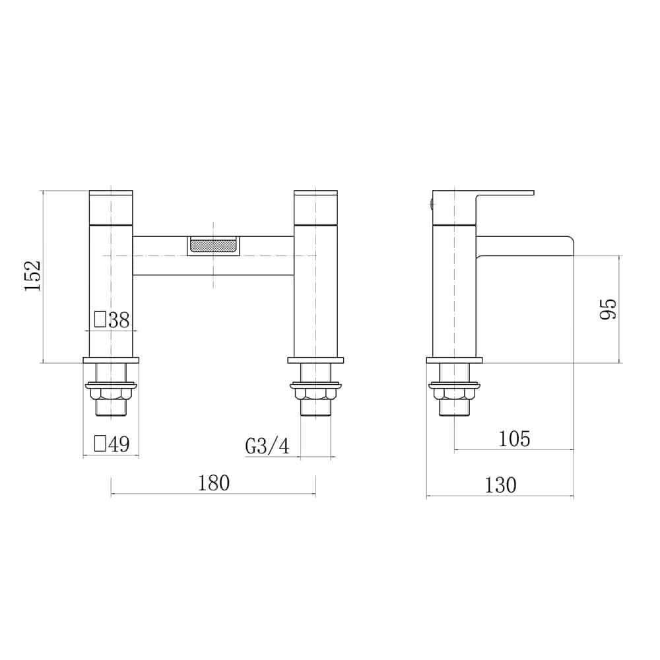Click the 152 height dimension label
tap(33, 276)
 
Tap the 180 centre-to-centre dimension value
tap(214, 483)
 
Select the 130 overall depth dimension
tap(500, 485)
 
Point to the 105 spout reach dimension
tap(514, 439)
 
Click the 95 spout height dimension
tap(608, 309)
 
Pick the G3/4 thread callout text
tap(267, 446)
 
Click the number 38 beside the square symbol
tap(119, 320)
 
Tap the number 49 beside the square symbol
tap(119, 444)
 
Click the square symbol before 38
tap(100, 319)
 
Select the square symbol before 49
tap(100, 444)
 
